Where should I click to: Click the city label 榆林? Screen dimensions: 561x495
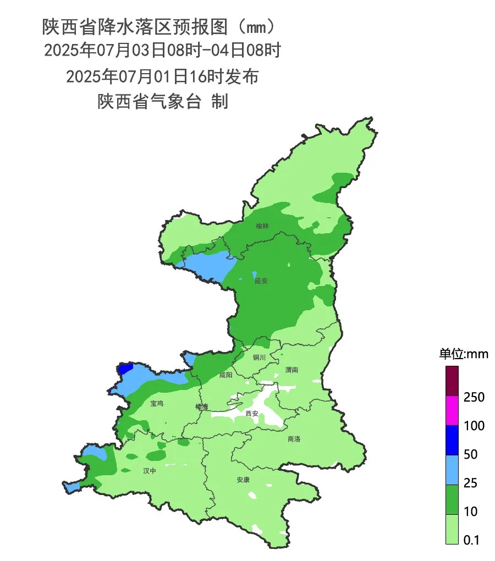262,226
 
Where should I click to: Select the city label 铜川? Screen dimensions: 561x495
259,358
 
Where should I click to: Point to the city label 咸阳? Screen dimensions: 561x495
226,375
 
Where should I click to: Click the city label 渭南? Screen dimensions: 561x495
291,370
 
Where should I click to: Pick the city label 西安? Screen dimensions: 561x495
252,413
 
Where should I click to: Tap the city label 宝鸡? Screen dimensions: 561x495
157,404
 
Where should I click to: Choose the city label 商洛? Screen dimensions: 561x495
294,439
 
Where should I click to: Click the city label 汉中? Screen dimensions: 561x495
150,471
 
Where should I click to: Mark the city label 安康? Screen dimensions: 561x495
243,480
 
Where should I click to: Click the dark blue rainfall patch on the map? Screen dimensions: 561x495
126,368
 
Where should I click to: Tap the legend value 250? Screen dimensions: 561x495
474,397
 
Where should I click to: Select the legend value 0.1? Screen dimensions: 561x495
471,540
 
